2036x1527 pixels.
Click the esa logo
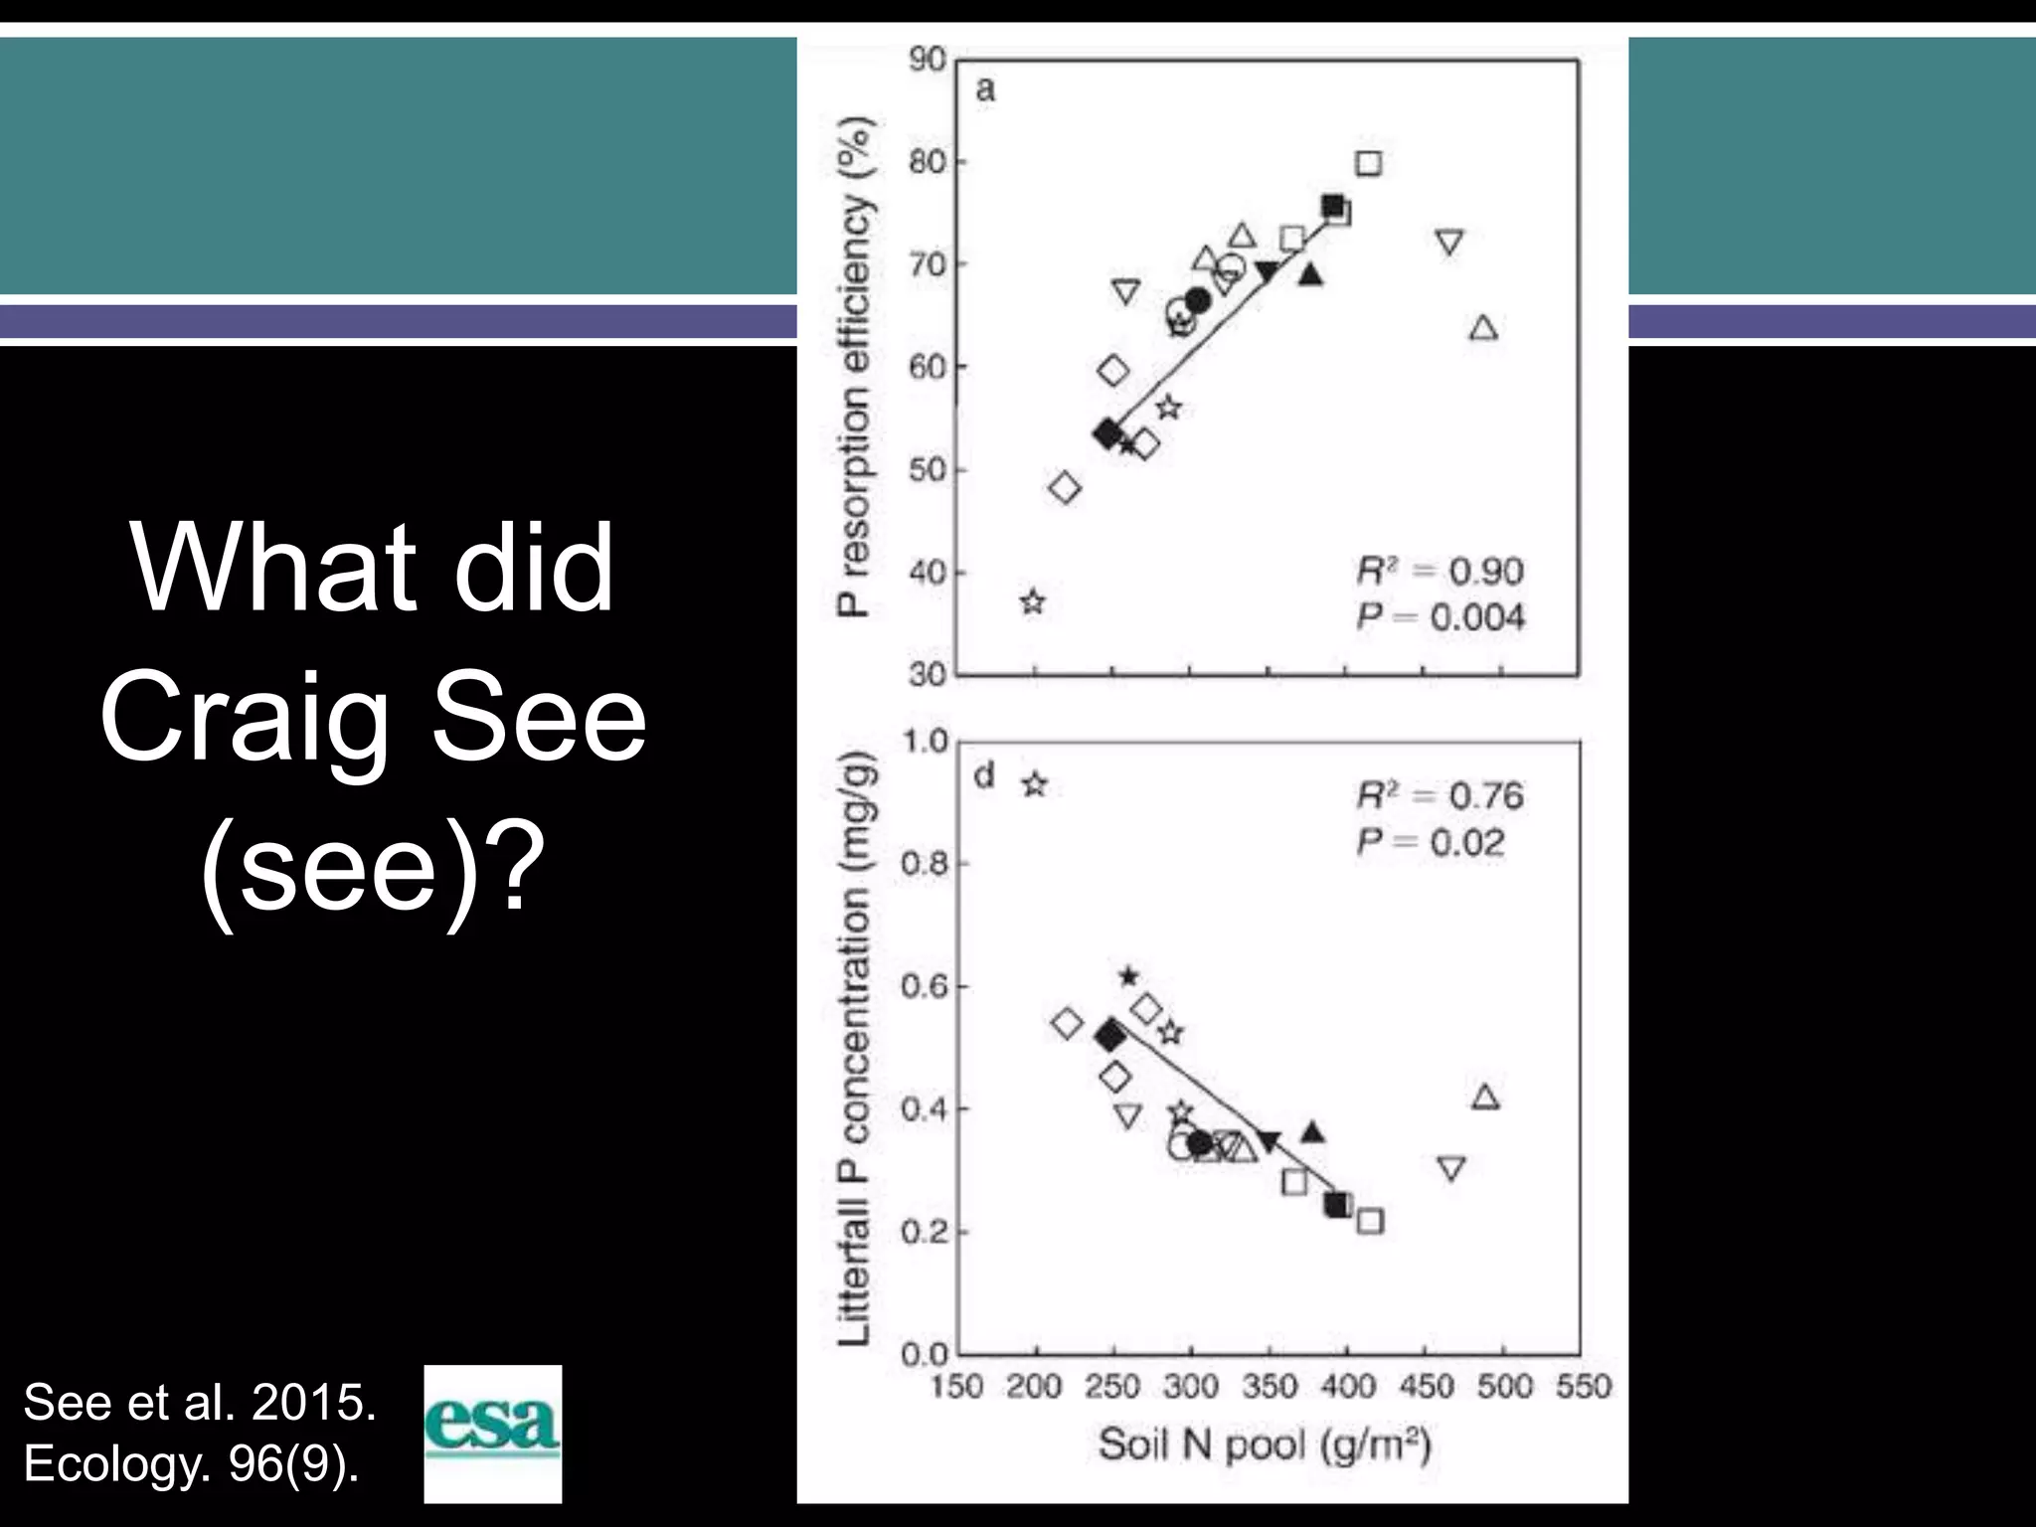coord(493,1433)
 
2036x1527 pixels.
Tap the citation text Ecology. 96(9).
coord(191,1463)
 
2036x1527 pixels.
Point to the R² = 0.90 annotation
coord(1440,572)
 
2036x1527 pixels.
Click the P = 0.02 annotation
coord(1431,843)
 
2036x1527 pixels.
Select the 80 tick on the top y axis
coord(927,162)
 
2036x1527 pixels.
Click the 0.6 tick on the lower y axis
coord(925,986)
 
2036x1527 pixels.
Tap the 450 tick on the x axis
coord(1426,1386)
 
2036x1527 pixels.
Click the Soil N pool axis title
coord(1264,1444)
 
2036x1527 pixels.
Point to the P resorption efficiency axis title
coord(854,366)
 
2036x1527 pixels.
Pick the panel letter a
coord(984,90)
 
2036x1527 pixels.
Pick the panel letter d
coord(984,775)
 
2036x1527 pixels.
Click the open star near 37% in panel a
coord(1033,601)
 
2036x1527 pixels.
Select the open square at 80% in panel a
coord(1369,163)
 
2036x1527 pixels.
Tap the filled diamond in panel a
coord(1107,433)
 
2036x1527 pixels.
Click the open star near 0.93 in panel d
coord(1035,784)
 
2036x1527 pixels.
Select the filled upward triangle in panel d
coord(1313,1132)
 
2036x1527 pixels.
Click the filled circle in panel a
coord(1198,300)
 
